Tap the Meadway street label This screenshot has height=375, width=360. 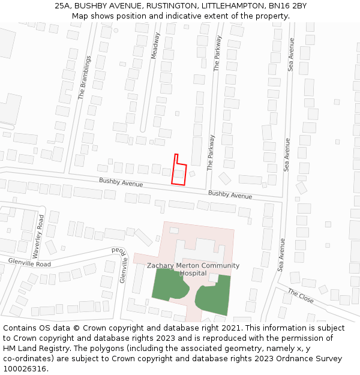[x=155, y=45]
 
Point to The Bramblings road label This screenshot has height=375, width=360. [x=85, y=78]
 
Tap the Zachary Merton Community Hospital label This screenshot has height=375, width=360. [x=193, y=269]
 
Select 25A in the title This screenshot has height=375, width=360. [x=62, y=5]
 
